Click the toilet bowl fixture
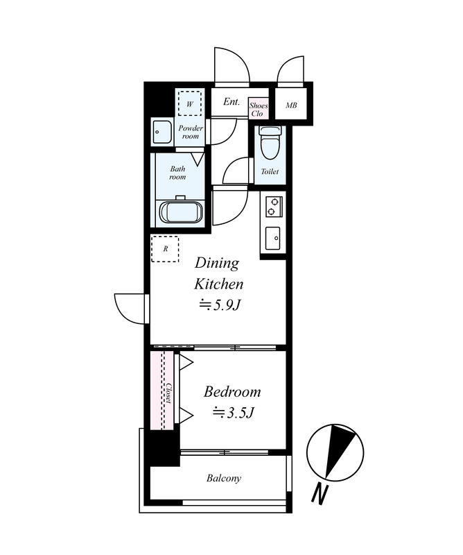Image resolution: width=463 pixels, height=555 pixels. pos(269,143)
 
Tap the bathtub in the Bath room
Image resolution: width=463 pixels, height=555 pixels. pos(182,212)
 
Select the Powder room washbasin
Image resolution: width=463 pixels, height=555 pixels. pos(162,132)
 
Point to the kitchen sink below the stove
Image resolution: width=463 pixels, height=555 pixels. pos(272,238)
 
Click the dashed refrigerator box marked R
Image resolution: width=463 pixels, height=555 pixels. pos(165,249)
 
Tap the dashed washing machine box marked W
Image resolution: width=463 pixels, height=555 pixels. pos(190,103)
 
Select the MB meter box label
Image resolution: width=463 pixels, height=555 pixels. pos(291,105)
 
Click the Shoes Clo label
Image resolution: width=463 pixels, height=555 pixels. pos(259,110)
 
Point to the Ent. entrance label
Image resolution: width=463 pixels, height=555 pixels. pos(232,102)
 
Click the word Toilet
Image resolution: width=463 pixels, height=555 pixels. pos(270,171)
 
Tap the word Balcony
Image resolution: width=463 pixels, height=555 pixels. pos(224,479)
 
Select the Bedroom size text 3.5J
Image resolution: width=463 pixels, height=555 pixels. pos(234,413)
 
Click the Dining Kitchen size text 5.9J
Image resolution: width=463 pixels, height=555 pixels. pos(220,305)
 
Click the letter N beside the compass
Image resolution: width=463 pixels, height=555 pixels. pos(320,494)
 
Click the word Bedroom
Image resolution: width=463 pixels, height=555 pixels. pos(232,392)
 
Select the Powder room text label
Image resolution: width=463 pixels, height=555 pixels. pos(191,132)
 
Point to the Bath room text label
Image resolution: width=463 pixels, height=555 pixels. pos(177,173)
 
